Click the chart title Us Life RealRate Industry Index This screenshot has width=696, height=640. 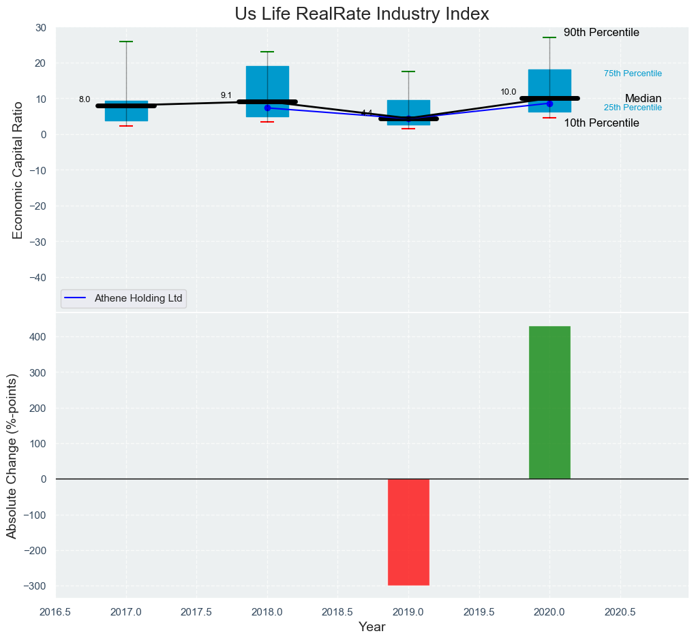pyautogui.click(x=362, y=14)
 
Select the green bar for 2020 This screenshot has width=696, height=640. pyautogui.click(x=549, y=402)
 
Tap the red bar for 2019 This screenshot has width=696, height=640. pyautogui.click(x=408, y=532)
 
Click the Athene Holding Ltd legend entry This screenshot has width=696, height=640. pyautogui.click(x=124, y=298)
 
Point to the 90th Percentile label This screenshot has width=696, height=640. pyautogui.click(x=601, y=33)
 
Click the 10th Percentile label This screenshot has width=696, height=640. pyautogui.click(x=601, y=123)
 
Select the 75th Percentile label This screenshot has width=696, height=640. pyautogui.click(x=633, y=74)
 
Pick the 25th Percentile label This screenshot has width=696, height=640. pyautogui.click(x=633, y=108)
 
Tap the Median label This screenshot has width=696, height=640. pyautogui.click(x=643, y=98)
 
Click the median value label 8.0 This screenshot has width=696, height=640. pyautogui.click(x=85, y=99)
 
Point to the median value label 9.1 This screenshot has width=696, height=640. pyautogui.click(x=226, y=95)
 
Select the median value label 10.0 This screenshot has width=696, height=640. pyautogui.click(x=509, y=92)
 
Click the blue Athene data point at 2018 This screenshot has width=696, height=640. pyautogui.click(x=267, y=108)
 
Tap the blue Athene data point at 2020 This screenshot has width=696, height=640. pyautogui.click(x=549, y=103)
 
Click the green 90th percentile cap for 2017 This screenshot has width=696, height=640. pyautogui.click(x=126, y=42)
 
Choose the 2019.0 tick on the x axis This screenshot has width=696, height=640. pyautogui.click(x=408, y=612)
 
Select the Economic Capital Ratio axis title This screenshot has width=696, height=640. pyautogui.click(x=18, y=170)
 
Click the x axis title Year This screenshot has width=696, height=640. pyautogui.click(x=372, y=627)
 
